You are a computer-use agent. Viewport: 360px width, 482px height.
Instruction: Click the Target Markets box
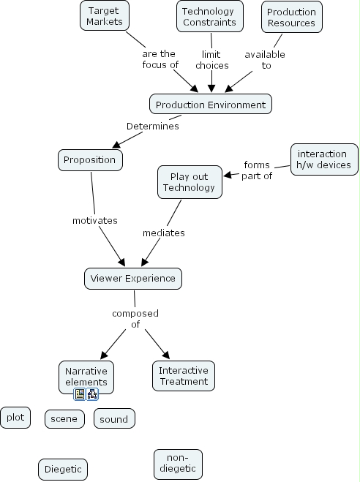pos(103,16)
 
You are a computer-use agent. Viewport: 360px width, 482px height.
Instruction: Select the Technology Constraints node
pos(209,16)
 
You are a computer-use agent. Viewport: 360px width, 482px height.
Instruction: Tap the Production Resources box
pos(291,17)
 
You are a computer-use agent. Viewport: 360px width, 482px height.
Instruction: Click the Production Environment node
pos(211,105)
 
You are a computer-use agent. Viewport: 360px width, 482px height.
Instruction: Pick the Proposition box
pos(90,159)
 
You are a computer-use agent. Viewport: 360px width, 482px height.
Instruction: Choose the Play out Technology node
pos(189,181)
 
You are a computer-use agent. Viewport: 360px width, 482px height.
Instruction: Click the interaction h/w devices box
pos(324,159)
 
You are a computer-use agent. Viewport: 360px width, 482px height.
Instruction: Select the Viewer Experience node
pos(132,278)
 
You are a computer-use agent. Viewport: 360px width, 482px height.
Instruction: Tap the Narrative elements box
pos(86,375)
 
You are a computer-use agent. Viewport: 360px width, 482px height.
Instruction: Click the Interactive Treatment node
pos(184,374)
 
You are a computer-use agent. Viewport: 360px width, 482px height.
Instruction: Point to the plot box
pos(15,418)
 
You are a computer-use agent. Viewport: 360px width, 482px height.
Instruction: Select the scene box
pos(66,419)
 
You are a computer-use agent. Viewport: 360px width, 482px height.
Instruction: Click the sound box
pos(114,419)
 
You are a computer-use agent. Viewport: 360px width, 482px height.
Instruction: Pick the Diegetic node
pos(63,469)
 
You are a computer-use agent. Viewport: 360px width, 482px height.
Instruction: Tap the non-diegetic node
pos(178,463)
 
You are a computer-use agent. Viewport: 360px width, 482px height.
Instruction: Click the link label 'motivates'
pos(95,220)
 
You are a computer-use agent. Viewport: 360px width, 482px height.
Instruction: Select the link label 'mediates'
pos(162,233)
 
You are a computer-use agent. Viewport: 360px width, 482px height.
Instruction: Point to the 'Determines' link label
pos(152,126)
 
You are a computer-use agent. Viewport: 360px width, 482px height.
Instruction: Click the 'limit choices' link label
pos(211,59)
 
